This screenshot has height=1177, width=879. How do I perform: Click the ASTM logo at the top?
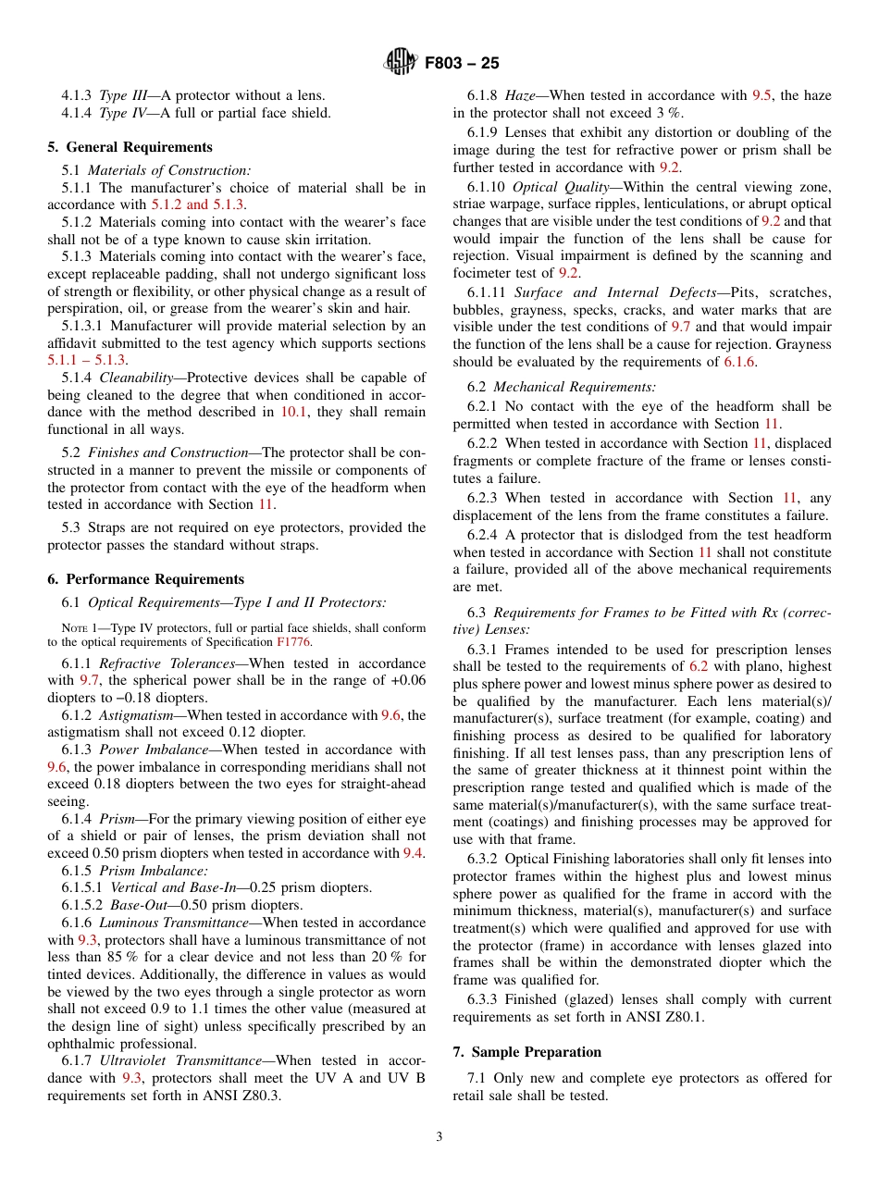(x=400, y=63)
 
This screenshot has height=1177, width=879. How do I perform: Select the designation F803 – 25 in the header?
(x=462, y=64)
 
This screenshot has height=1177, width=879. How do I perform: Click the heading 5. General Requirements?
(x=130, y=147)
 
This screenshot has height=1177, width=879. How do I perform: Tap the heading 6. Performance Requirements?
(x=145, y=579)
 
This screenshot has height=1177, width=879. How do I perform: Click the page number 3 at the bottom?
(x=439, y=1137)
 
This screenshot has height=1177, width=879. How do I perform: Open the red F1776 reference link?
(x=294, y=641)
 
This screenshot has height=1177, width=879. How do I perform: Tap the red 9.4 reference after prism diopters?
(x=413, y=853)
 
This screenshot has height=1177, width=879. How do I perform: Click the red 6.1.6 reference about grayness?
(x=739, y=362)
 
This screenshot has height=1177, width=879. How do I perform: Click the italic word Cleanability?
(x=135, y=378)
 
